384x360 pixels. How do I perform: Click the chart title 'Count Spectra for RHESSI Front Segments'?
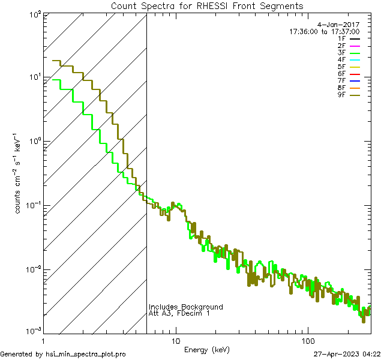tap(207, 6)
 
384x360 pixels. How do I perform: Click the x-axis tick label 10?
tap(175, 340)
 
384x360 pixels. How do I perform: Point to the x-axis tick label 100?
tap(307, 340)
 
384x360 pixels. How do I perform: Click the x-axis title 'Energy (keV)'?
tap(206, 349)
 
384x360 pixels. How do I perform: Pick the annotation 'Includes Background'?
tap(186, 307)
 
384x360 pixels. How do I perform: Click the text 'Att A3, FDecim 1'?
tap(179, 313)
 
